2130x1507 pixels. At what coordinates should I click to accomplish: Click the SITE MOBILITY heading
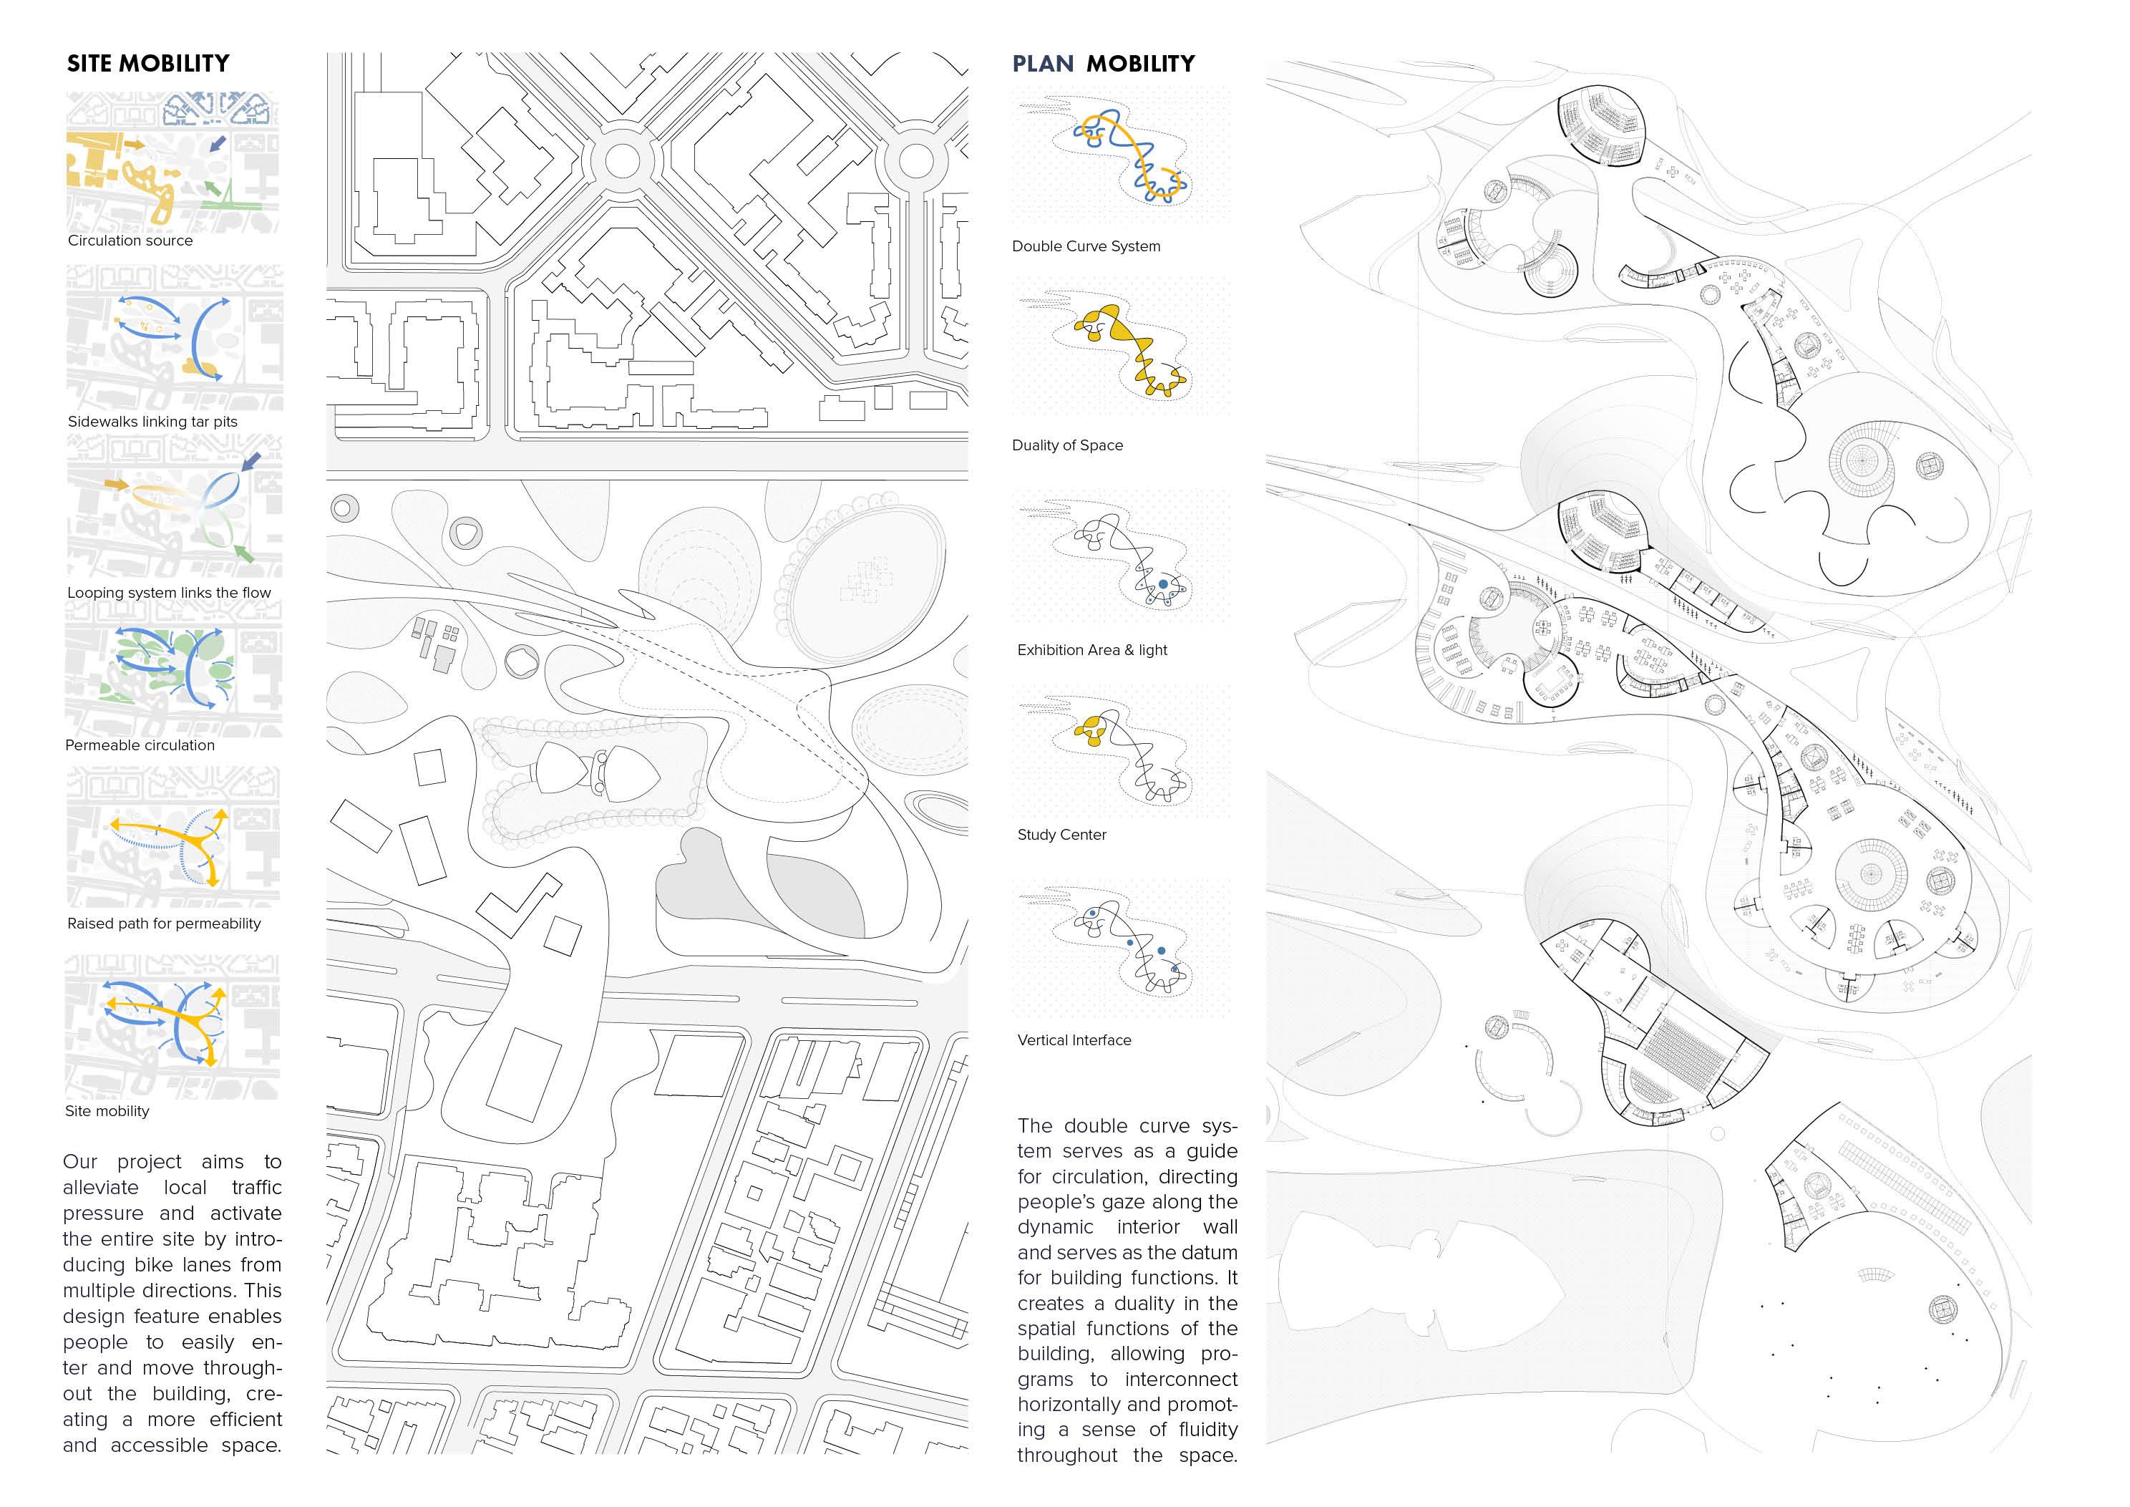click(x=147, y=63)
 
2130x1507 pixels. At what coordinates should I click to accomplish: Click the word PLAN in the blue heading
click(x=1043, y=63)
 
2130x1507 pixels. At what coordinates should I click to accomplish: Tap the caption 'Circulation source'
click(x=130, y=241)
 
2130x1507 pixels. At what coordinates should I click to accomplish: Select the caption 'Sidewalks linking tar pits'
click(x=152, y=421)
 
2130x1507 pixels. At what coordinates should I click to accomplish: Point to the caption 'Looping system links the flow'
click(x=169, y=593)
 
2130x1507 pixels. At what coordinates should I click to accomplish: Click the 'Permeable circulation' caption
click(x=139, y=745)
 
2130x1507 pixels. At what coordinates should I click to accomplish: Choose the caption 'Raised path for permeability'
click(x=163, y=924)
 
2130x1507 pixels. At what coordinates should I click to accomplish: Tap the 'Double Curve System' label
click(x=1086, y=246)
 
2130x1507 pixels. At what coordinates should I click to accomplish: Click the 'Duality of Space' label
click(x=1067, y=445)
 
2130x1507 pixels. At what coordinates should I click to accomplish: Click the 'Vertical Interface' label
click(x=1074, y=1040)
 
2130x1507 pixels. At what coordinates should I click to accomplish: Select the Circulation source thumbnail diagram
click(x=172, y=162)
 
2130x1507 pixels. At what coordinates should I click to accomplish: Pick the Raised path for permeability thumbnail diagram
click(x=172, y=838)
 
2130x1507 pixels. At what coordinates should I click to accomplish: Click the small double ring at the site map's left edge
click(x=344, y=508)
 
